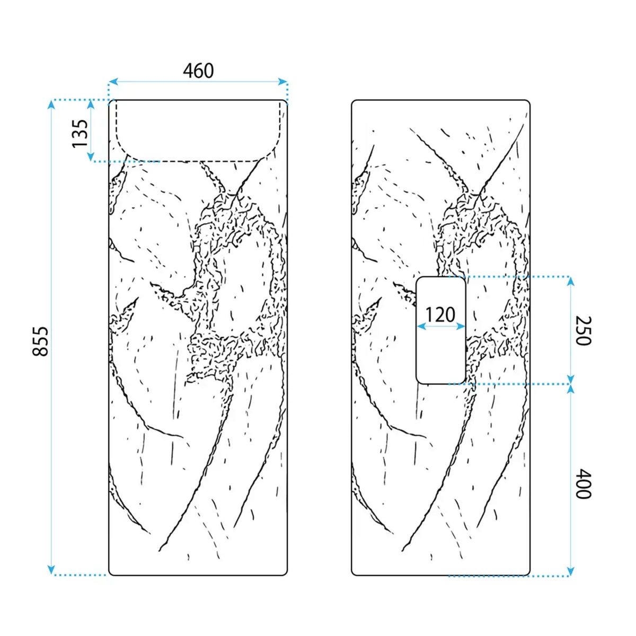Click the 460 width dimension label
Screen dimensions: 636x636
(x=198, y=71)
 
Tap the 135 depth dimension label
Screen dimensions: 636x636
(x=80, y=134)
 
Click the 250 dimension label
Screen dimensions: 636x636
(x=583, y=330)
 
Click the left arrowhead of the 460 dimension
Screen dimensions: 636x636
(x=113, y=82)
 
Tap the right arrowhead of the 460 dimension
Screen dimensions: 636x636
(x=282, y=82)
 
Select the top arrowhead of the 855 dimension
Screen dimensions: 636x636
(x=51, y=104)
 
